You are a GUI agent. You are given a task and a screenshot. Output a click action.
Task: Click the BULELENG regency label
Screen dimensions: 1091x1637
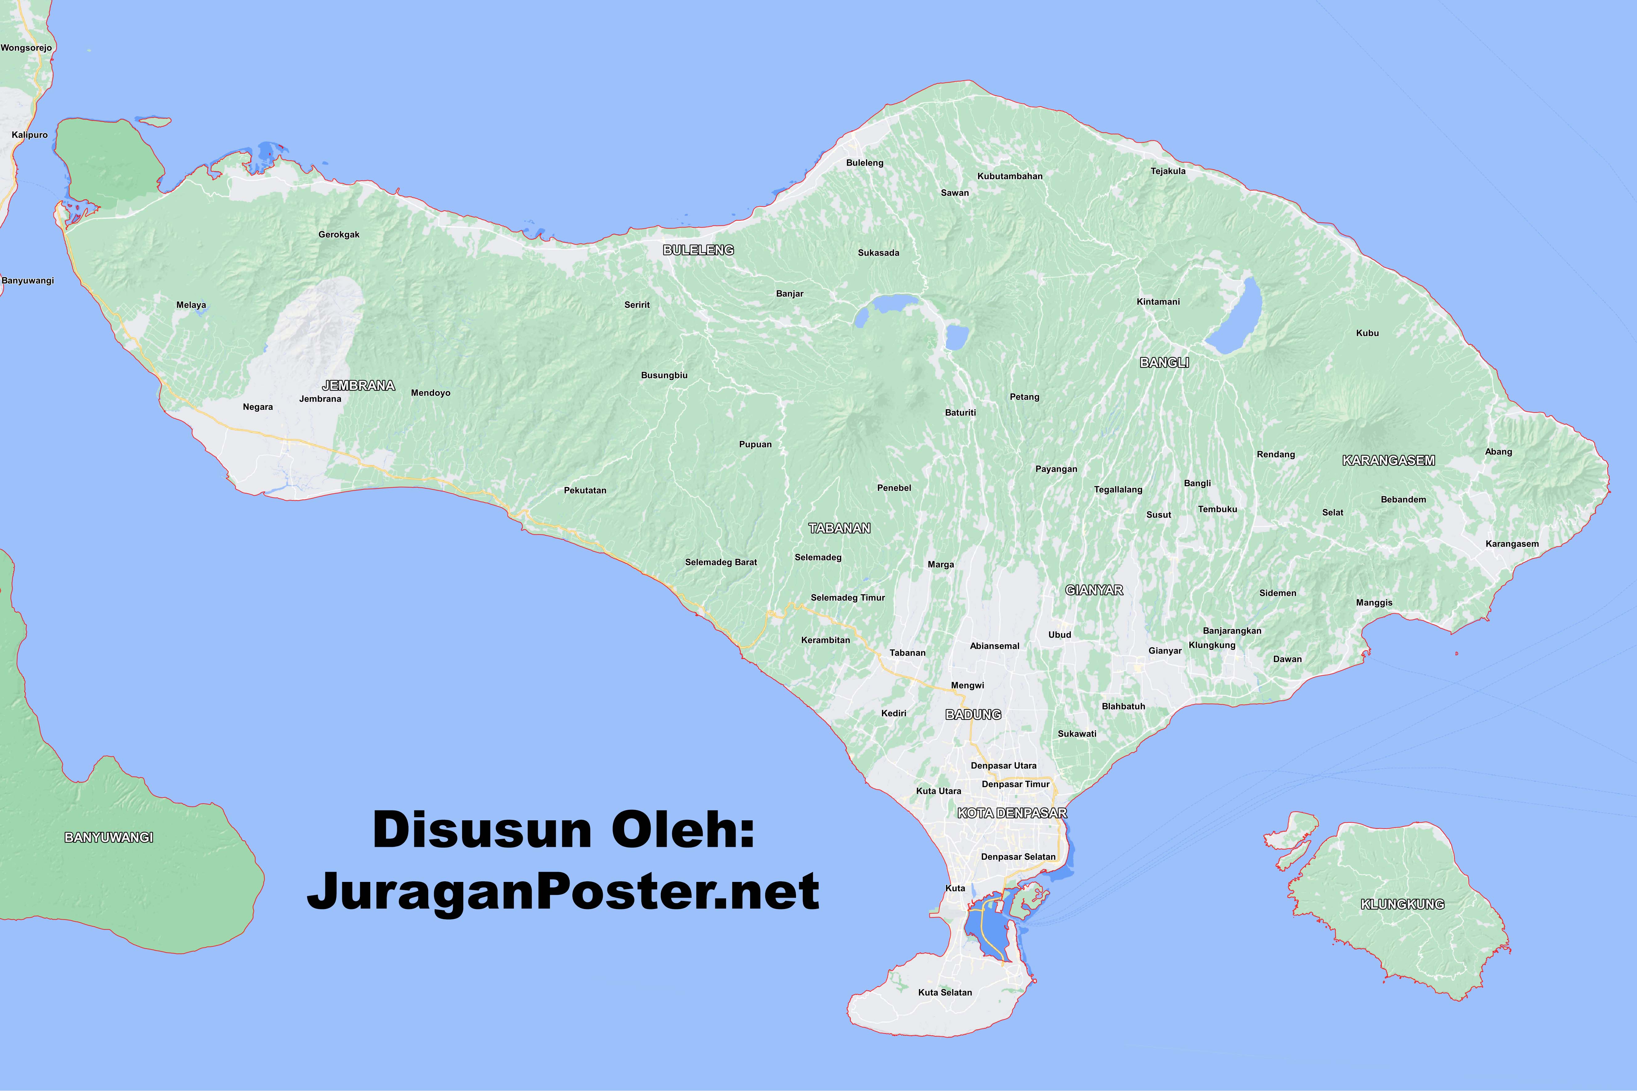point(698,250)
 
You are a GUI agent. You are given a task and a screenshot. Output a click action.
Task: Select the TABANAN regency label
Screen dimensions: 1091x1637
point(839,528)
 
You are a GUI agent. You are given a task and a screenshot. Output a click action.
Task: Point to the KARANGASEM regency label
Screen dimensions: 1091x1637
point(1388,460)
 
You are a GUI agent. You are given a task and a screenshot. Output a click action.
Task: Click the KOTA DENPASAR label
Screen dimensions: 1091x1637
point(1012,813)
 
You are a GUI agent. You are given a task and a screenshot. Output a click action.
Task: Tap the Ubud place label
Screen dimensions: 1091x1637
point(1059,635)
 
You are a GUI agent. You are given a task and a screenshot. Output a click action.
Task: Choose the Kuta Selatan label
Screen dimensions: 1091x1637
point(944,992)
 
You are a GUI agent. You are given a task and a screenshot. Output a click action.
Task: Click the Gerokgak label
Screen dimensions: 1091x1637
point(339,234)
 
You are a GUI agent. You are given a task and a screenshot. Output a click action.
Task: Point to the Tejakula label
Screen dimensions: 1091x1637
point(1168,171)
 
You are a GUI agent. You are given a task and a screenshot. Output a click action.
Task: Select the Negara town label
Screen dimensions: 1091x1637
point(258,407)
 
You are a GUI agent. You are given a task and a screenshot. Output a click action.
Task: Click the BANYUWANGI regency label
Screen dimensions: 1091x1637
point(108,837)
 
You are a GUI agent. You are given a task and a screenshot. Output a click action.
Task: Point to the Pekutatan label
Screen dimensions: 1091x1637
point(585,491)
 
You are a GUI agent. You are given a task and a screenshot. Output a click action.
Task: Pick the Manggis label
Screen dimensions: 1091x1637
point(1374,603)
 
